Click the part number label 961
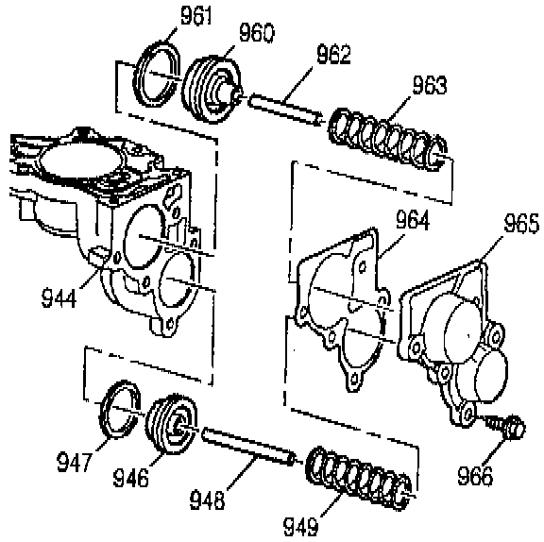point(196,16)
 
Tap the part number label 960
point(257,33)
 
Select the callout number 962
point(333,55)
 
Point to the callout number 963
point(430,85)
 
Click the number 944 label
point(59,298)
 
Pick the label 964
point(413,220)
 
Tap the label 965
point(521,224)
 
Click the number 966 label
point(475,475)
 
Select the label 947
point(75,462)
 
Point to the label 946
point(130,478)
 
